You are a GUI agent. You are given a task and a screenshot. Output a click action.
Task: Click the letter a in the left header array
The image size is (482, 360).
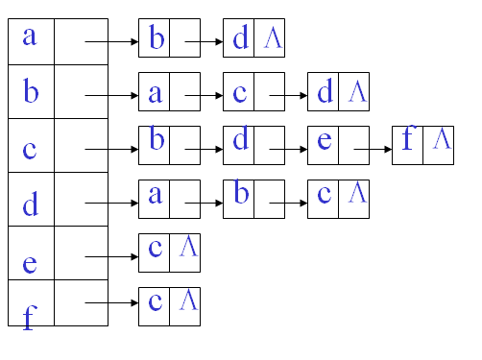coord(30,37)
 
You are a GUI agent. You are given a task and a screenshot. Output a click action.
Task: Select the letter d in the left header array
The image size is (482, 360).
coord(30,204)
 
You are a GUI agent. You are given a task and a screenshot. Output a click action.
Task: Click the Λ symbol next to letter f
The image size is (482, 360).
coord(441,140)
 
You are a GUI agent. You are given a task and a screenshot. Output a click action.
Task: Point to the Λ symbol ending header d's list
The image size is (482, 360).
coord(356,195)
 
